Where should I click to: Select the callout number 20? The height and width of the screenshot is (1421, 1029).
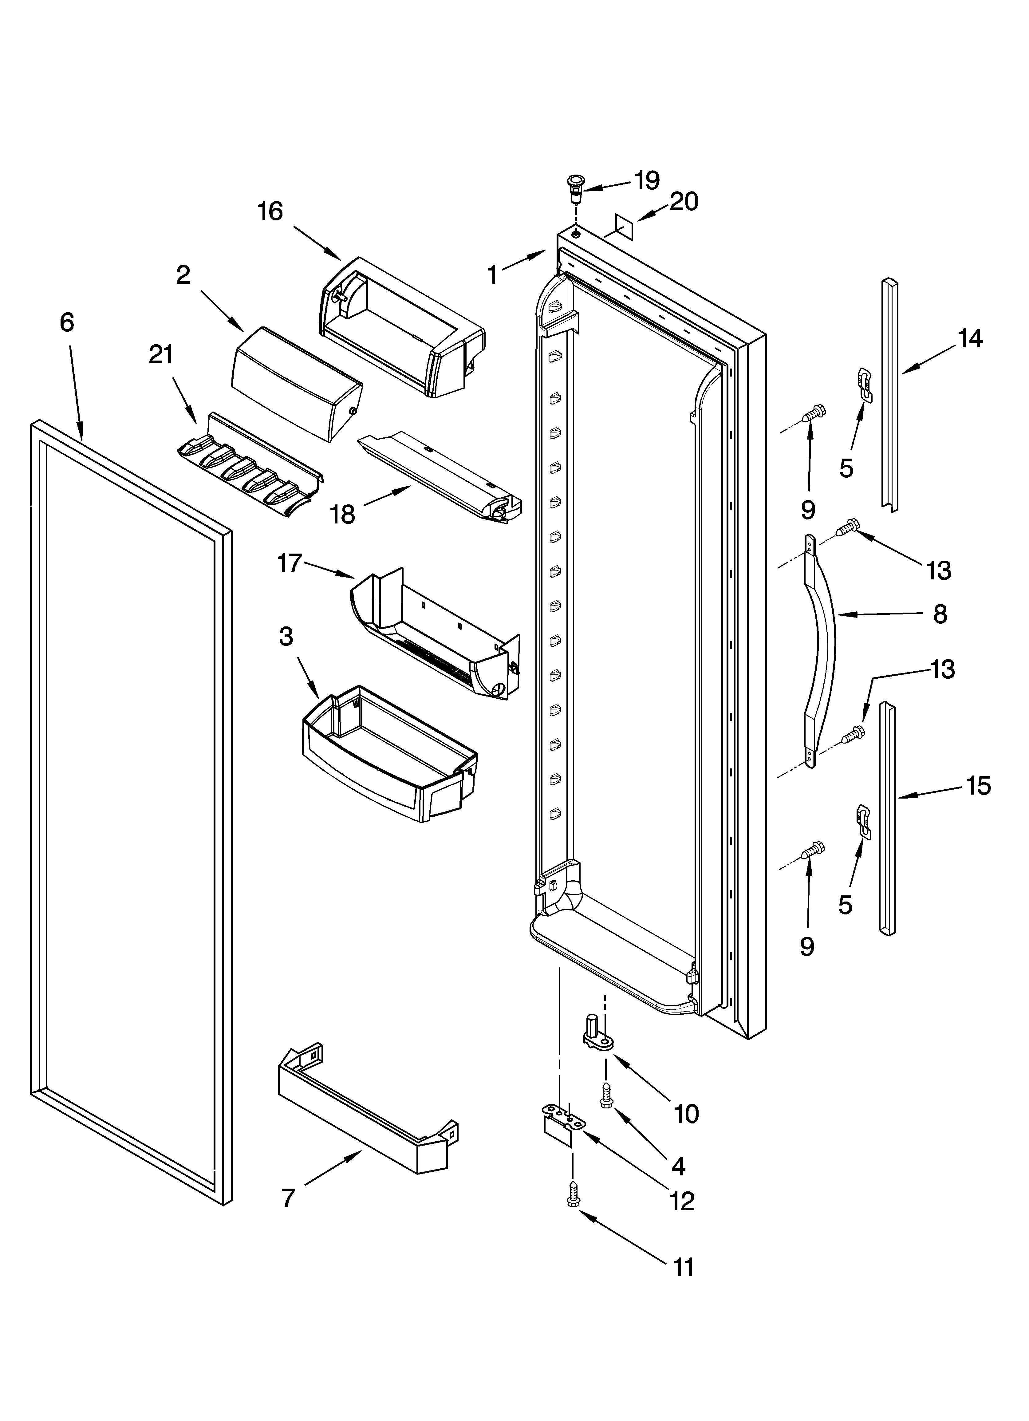click(x=684, y=202)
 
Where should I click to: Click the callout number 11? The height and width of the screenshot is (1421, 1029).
click(x=683, y=1267)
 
